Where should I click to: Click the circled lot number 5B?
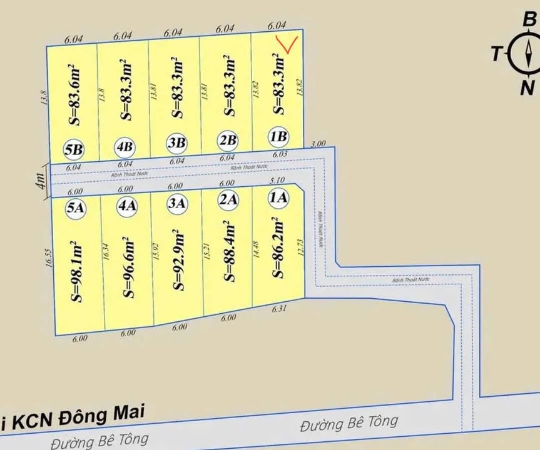click(74, 150)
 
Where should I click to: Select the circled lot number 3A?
click(178, 203)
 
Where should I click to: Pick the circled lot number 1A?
click(278, 199)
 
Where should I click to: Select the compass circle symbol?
click(524, 54)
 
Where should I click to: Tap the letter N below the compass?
click(527, 88)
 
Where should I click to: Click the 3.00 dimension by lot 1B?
click(318, 143)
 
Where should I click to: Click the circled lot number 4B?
click(125, 147)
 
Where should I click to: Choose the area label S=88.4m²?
click(228, 250)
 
